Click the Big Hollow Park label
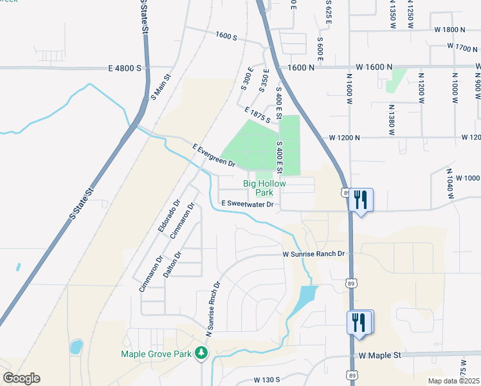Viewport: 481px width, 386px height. pyautogui.click(x=264, y=188)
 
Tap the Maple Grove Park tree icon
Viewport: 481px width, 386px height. pyautogui.click(x=202, y=353)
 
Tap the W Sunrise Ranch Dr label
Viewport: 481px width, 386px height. pyautogui.click(x=314, y=254)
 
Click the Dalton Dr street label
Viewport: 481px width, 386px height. pyautogui.click(x=172, y=264)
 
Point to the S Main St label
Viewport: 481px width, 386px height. pyautogui.click(x=161, y=87)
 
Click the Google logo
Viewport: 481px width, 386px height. pyautogui.click(x=21, y=378)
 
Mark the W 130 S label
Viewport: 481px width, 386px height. pyautogui.click(x=267, y=380)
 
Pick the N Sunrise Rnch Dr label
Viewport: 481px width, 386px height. pyautogui.click(x=213, y=309)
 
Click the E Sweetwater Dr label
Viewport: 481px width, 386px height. pyautogui.click(x=248, y=204)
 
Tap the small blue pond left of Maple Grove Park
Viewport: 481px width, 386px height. pyautogui.click(x=77, y=347)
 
